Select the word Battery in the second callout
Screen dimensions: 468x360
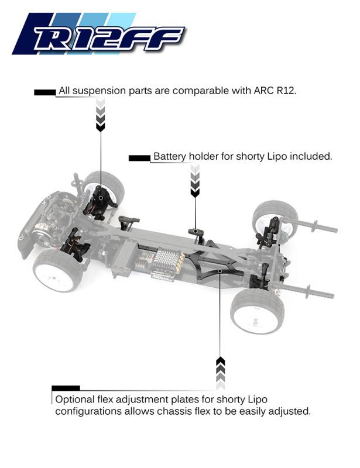click(169, 157)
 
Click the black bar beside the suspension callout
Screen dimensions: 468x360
click(45, 92)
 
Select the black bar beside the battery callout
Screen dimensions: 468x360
click(139, 157)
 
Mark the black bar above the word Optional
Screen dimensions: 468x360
click(66, 388)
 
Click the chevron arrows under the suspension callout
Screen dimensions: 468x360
click(100, 115)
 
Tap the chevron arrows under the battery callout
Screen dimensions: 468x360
click(195, 180)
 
